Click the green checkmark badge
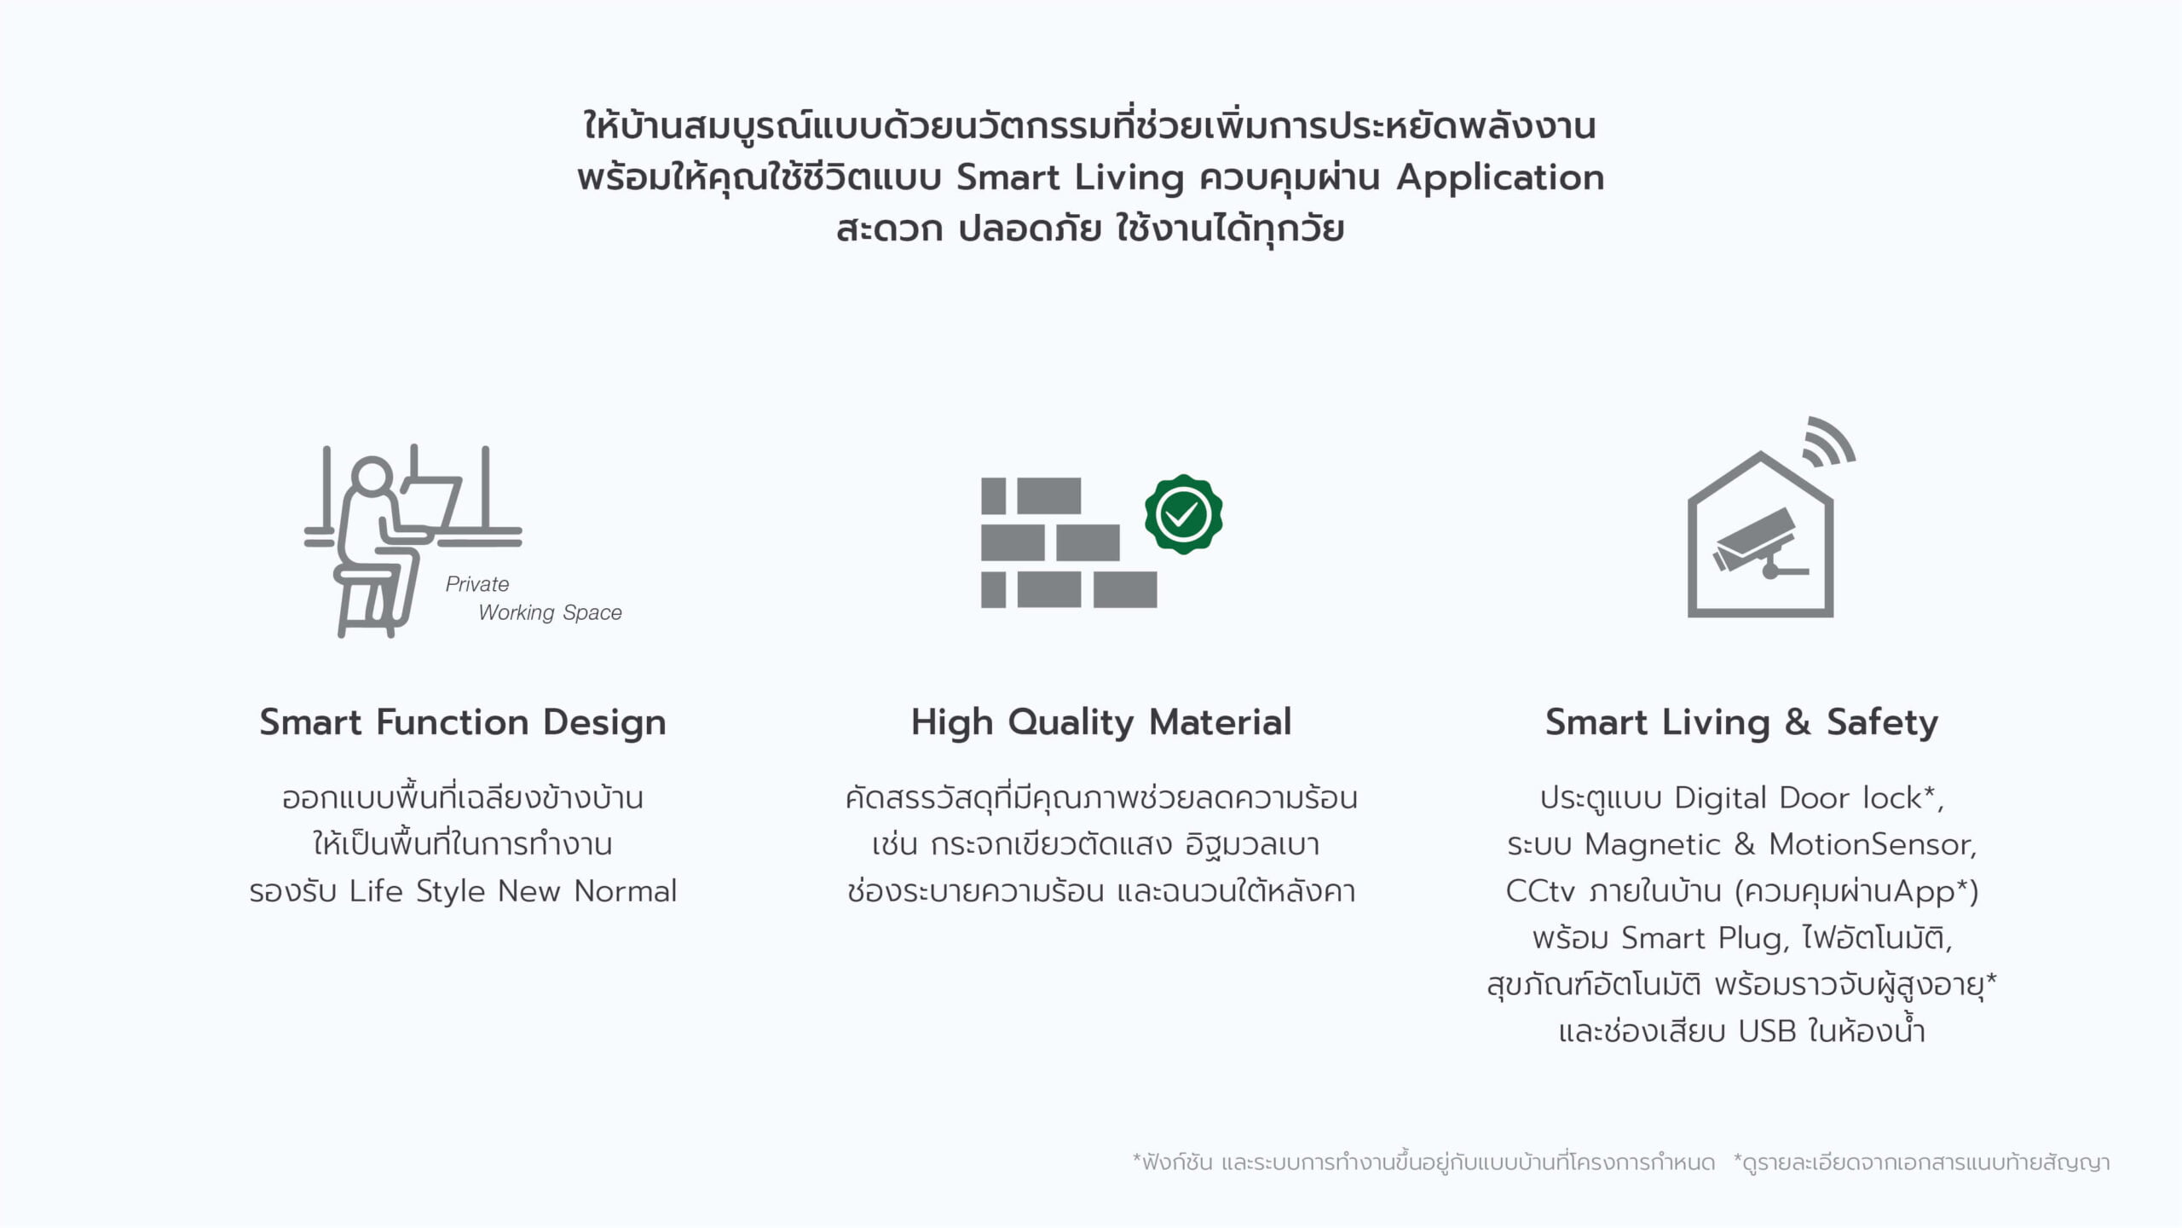(x=1183, y=514)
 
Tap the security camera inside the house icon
(x=1758, y=546)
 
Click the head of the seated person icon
(x=372, y=479)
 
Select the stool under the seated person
(x=366, y=600)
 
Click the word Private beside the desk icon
(x=477, y=584)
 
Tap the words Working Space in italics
(x=550, y=612)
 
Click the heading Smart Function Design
(x=463, y=722)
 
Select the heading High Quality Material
(x=1101, y=722)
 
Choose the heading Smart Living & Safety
(x=1742, y=722)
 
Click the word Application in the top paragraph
(x=1500, y=178)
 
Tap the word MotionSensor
(x=1873, y=844)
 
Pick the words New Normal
(x=587, y=891)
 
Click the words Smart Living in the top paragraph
(x=1071, y=178)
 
